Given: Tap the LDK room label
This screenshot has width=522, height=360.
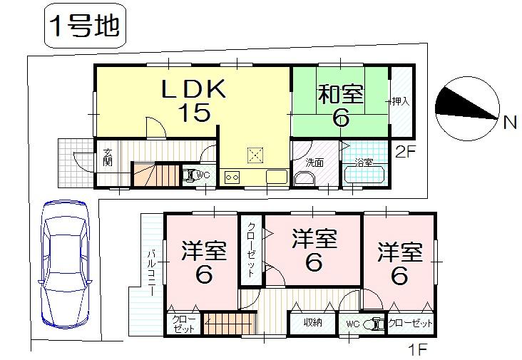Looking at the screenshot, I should coord(193,88).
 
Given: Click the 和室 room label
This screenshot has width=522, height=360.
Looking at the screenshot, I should coord(341,94).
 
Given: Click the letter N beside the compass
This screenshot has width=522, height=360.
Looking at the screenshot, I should coord(509,123).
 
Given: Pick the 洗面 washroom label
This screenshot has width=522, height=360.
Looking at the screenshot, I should coord(314,163).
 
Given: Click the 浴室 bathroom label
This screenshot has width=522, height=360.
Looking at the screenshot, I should coord(364,163).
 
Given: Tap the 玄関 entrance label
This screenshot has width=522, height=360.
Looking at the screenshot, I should coord(107,157).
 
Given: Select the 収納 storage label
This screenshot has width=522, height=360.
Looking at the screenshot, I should coord(312,323).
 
